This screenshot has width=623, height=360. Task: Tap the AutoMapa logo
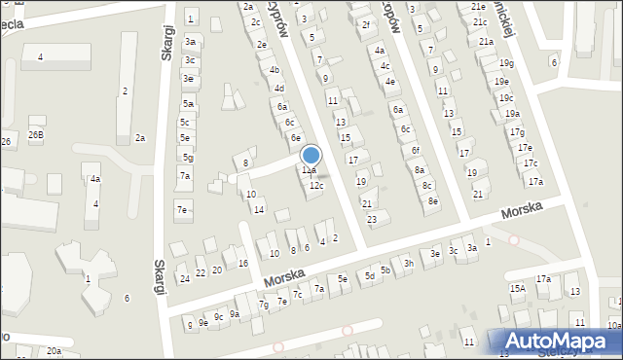561,342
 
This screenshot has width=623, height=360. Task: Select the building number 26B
36,134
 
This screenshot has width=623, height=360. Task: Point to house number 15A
517,288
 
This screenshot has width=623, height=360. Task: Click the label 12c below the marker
316,185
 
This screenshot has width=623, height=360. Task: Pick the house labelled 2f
365,24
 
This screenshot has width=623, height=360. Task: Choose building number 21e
478,6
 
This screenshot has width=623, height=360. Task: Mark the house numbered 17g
517,132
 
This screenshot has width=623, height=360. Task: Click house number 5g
188,158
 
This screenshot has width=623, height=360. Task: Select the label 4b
275,70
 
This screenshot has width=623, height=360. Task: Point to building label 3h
409,263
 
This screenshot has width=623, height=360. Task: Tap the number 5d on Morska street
369,276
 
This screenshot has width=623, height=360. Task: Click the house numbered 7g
263,306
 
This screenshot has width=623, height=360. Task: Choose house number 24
184,278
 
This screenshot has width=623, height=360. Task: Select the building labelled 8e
433,200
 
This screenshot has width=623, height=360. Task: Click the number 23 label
371,219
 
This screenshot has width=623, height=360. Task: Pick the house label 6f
415,150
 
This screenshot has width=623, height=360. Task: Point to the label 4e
389,82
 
